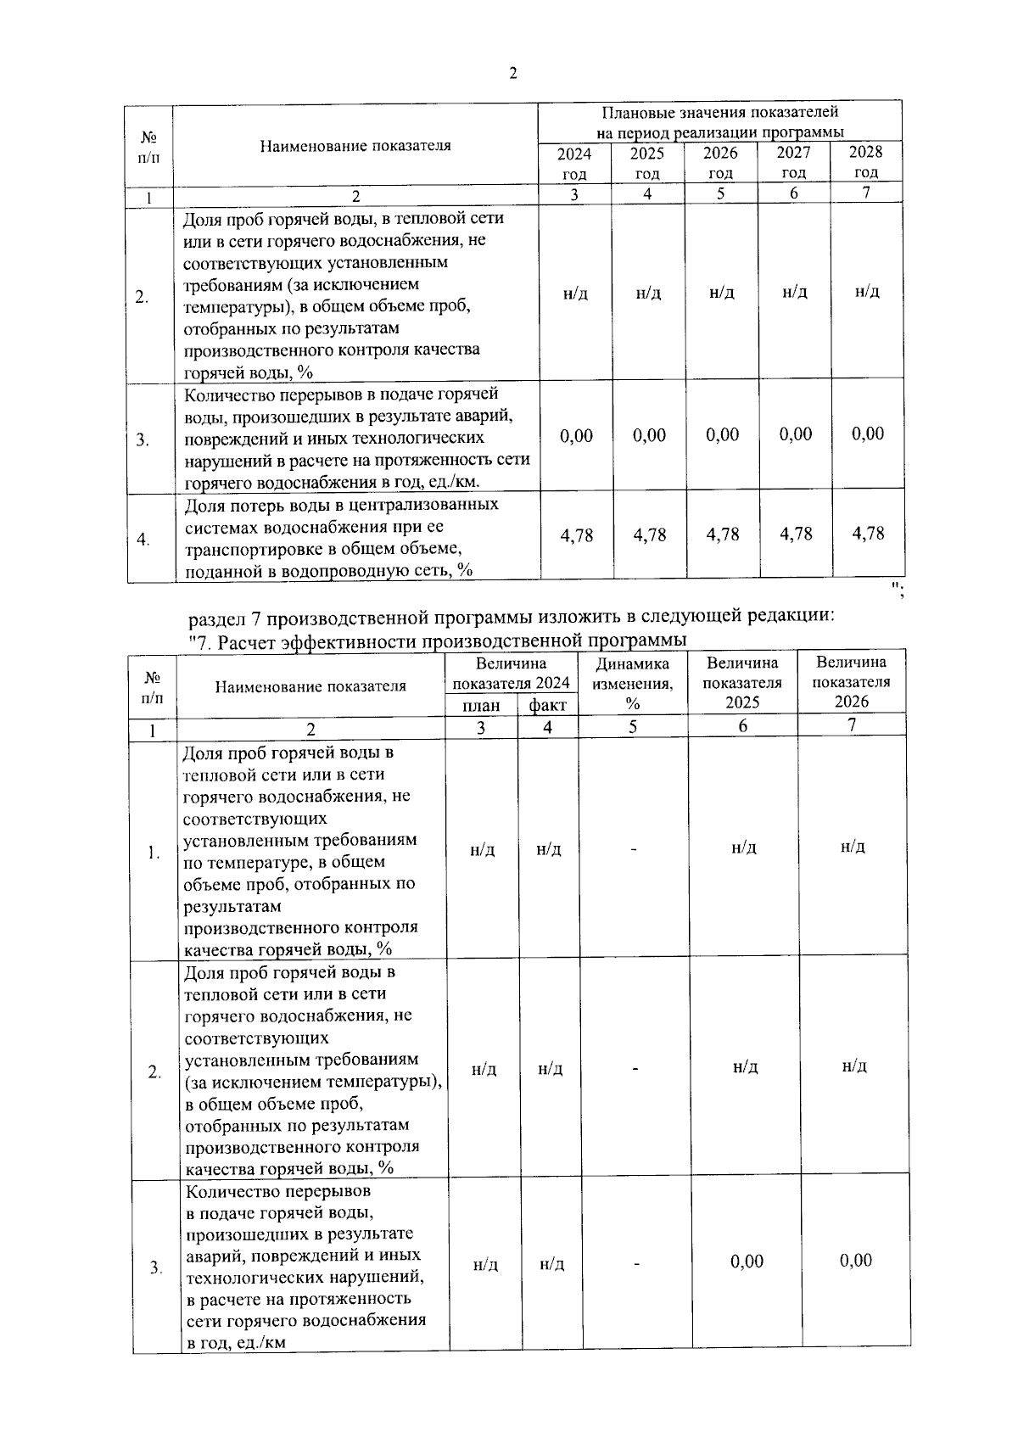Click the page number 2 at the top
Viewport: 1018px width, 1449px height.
(x=512, y=74)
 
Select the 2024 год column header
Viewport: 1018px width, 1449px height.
(x=574, y=163)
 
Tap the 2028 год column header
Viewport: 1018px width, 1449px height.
(x=866, y=161)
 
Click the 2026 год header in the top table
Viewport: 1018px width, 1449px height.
(x=720, y=163)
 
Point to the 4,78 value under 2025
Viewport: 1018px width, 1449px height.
(x=650, y=535)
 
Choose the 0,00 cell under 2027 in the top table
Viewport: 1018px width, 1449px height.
(x=796, y=434)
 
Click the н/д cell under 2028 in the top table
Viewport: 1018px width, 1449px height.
(x=867, y=292)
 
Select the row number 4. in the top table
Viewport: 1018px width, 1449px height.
(x=144, y=540)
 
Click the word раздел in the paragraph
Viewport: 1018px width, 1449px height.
(x=215, y=615)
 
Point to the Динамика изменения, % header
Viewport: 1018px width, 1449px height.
(x=633, y=684)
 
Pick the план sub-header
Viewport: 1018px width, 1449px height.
(x=481, y=706)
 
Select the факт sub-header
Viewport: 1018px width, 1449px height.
(x=548, y=706)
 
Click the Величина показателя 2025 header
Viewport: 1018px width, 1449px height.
(x=742, y=683)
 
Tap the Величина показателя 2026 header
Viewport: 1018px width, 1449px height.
(x=852, y=682)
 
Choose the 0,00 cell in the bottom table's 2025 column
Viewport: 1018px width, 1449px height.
(x=747, y=1262)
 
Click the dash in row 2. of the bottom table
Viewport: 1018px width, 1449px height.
(x=634, y=1069)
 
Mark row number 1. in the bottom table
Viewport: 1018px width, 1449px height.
(x=154, y=853)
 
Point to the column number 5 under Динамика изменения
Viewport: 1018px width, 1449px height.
(x=633, y=727)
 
